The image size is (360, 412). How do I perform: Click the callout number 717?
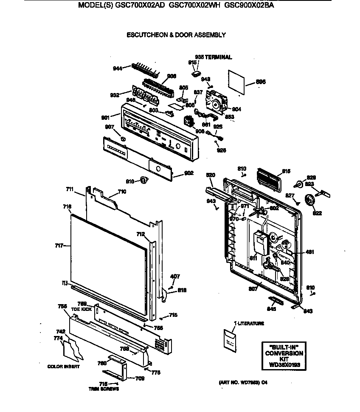coord(59,246)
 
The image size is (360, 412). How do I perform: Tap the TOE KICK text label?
coord(81,309)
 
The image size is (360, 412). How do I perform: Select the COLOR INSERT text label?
coord(63,366)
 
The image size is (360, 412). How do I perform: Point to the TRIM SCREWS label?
coord(103,389)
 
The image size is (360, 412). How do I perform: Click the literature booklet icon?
coord(231,340)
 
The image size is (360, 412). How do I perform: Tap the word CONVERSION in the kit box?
coord(284,353)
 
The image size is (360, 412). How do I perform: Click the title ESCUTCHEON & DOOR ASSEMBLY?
coord(176,35)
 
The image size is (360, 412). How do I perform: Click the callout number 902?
coord(189,173)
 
